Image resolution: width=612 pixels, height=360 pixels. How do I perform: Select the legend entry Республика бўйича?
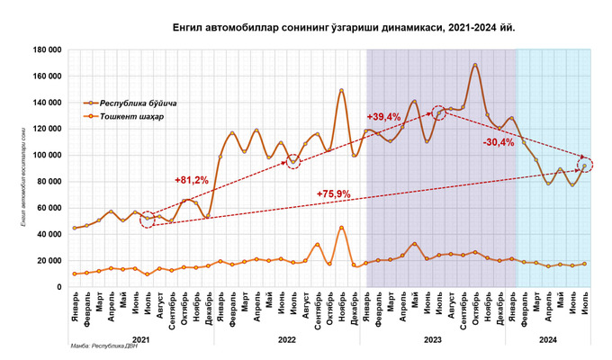pyautogui.click(x=138, y=103)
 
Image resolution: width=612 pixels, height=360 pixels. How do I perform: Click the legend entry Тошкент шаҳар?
pyautogui.click(x=130, y=117)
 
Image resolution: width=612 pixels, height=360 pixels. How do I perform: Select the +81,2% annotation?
pyautogui.click(x=191, y=181)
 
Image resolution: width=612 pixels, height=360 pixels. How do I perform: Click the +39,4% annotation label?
pyautogui.click(x=385, y=118)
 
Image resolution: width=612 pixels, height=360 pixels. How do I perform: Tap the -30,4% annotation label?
pyautogui.click(x=499, y=142)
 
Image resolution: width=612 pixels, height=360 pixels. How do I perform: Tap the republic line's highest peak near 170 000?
pyautogui.click(x=475, y=65)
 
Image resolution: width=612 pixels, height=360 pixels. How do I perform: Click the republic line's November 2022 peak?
pyautogui.click(x=341, y=90)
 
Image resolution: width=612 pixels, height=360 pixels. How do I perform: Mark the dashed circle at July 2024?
pyautogui.click(x=585, y=165)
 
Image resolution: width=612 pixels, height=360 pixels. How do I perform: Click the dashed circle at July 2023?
pyautogui.click(x=438, y=113)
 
